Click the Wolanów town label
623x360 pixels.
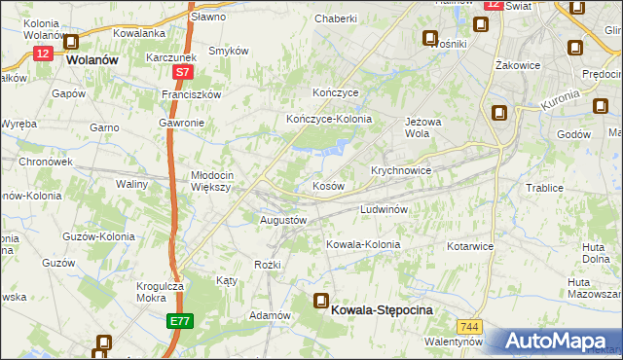tap(92, 58)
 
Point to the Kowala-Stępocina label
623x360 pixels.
tap(382, 308)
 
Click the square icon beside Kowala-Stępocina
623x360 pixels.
tap(320, 302)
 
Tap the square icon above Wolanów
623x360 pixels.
tap(71, 42)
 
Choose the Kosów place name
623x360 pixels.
tap(327, 185)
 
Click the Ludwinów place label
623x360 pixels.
tap(389, 209)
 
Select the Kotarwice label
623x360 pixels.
tap(471, 246)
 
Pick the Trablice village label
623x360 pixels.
tap(545, 188)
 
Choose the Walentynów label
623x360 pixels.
tap(454, 342)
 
